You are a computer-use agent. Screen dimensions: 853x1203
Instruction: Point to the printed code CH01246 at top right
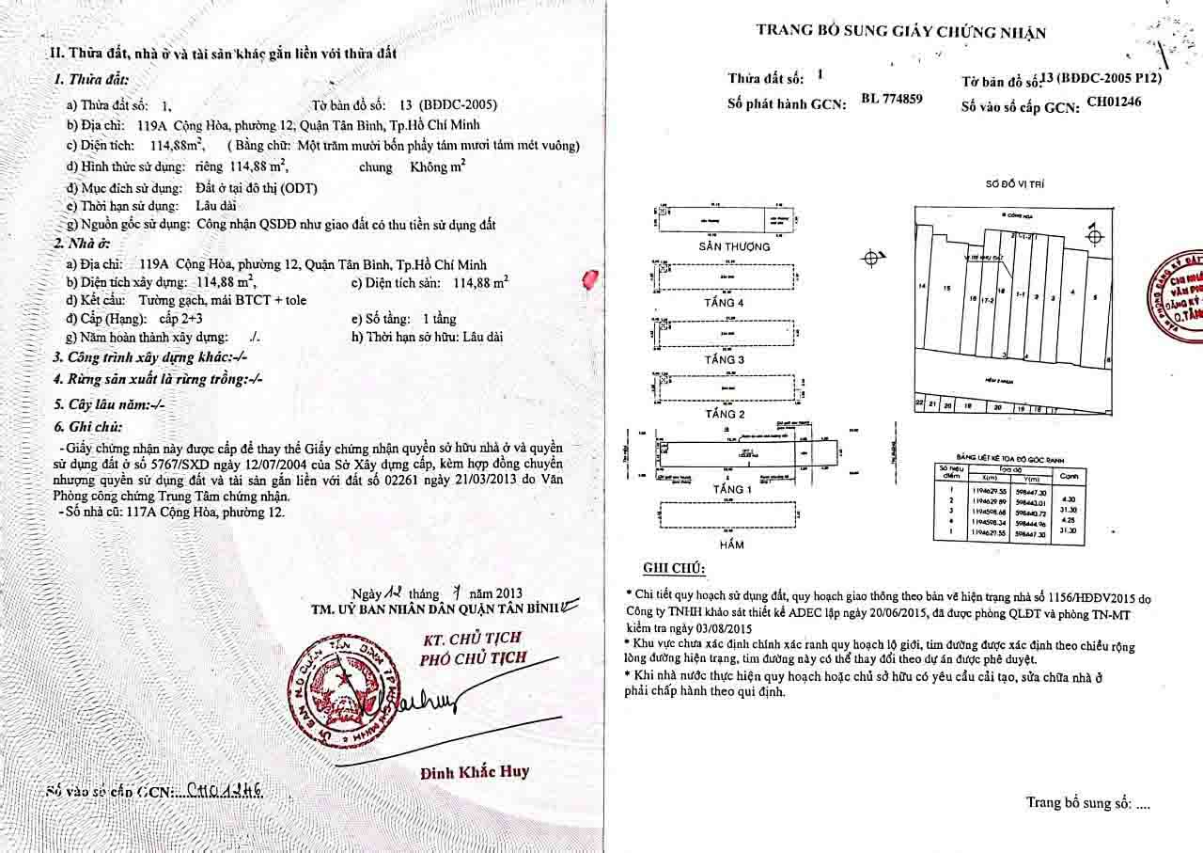pyautogui.click(x=1114, y=103)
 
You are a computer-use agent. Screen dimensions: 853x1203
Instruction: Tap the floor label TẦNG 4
pyautogui.click(x=724, y=303)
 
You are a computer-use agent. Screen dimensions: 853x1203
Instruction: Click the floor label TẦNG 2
pyautogui.click(x=724, y=414)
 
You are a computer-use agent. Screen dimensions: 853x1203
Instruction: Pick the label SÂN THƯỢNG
pyautogui.click(x=734, y=246)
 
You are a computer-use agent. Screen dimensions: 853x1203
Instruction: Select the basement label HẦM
pyautogui.click(x=731, y=545)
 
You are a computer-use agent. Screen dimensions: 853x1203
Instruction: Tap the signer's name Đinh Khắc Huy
pyautogui.click(x=474, y=772)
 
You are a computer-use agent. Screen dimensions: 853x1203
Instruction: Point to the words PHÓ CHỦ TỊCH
pyautogui.click(x=473, y=659)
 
